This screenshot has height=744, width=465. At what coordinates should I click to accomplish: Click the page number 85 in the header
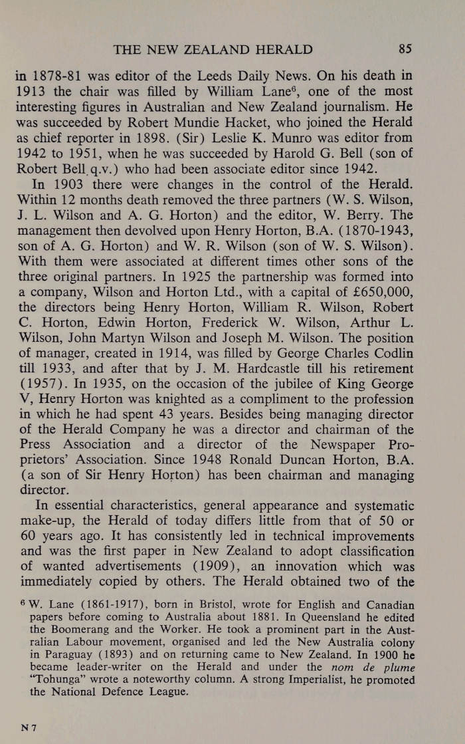coord(405,49)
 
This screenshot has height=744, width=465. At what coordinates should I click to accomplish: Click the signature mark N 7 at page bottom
coord(27,729)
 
